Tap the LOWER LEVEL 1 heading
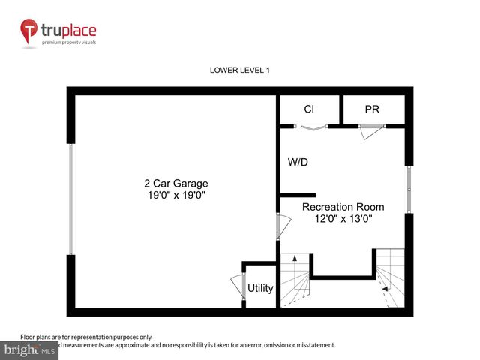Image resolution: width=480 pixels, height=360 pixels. click(239, 70)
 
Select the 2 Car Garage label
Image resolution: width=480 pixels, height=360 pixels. click(176, 183)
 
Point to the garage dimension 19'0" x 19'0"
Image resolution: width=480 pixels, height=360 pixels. click(176, 195)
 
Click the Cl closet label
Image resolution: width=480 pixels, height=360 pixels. click(309, 109)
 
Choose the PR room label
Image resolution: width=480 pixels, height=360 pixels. click(372, 109)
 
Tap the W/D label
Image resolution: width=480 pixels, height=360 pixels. click(298, 162)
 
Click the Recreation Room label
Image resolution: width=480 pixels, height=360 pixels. click(343, 207)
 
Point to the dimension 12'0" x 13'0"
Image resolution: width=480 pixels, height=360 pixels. click(343, 219)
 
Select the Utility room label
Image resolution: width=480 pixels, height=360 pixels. click(260, 288)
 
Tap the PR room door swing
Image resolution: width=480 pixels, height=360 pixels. click(369, 133)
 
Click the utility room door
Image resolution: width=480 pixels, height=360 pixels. click(238, 287)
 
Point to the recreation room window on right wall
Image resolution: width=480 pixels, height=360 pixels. click(409, 189)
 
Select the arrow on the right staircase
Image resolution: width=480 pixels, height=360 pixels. click(385, 286)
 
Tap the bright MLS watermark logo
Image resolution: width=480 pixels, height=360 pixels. click(30, 349)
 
